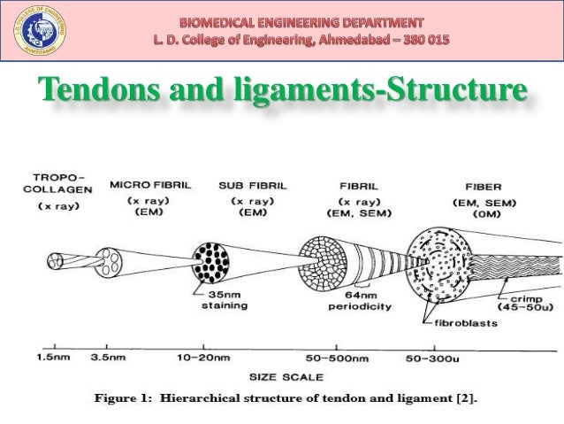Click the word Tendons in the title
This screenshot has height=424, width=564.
[x=95, y=92]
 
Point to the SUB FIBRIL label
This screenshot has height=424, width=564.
[x=250, y=187]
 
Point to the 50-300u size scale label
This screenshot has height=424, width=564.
[x=432, y=358]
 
